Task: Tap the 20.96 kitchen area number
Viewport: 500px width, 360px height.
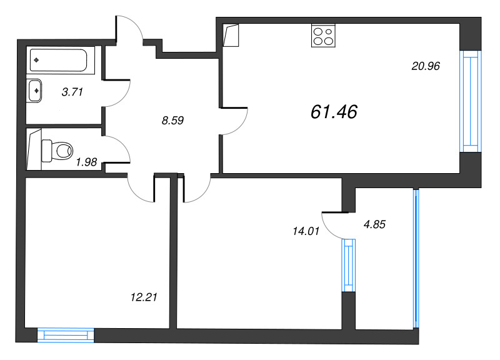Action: pyautogui.click(x=426, y=64)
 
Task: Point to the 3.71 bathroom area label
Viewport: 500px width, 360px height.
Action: pyautogui.click(x=72, y=92)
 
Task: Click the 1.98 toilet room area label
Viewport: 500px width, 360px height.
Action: pyautogui.click(x=86, y=162)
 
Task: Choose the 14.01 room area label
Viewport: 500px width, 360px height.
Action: pyautogui.click(x=306, y=231)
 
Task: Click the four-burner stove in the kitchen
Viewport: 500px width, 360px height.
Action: pyautogui.click(x=322, y=36)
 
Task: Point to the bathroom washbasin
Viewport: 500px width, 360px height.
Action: pyautogui.click(x=36, y=90)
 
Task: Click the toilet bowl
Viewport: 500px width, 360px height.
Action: pyautogui.click(x=57, y=150)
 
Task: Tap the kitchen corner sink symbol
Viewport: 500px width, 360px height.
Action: pyautogui.click(x=231, y=36)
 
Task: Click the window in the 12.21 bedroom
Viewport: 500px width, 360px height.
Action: pyautogui.click(x=66, y=335)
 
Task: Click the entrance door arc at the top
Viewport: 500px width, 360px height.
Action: pyautogui.click(x=130, y=28)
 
